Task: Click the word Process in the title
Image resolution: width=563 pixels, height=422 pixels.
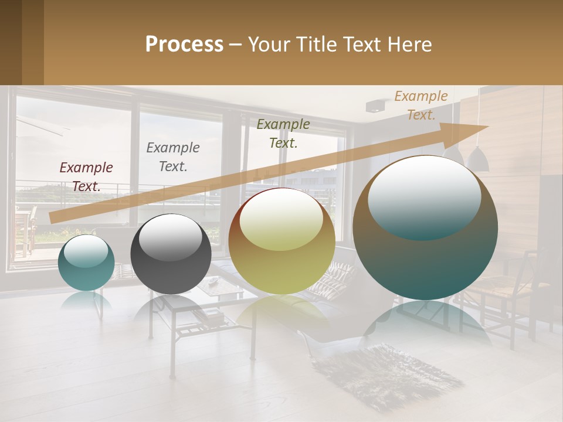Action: point(184,45)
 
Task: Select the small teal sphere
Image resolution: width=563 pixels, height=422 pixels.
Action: point(86,263)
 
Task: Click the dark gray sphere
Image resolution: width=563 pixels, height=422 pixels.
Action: point(171,254)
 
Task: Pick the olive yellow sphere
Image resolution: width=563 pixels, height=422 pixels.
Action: point(281,241)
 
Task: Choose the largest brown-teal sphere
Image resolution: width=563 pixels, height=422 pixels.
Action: point(425,227)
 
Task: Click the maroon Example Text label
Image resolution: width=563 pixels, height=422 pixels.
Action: point(86,177)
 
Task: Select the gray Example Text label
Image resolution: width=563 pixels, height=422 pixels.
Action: point(172,157)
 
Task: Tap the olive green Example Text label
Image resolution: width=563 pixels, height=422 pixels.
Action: point(283,134)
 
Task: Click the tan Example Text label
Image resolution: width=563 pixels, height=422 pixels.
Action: point(420,105)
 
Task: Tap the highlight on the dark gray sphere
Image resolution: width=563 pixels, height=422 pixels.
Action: point(170,237)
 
